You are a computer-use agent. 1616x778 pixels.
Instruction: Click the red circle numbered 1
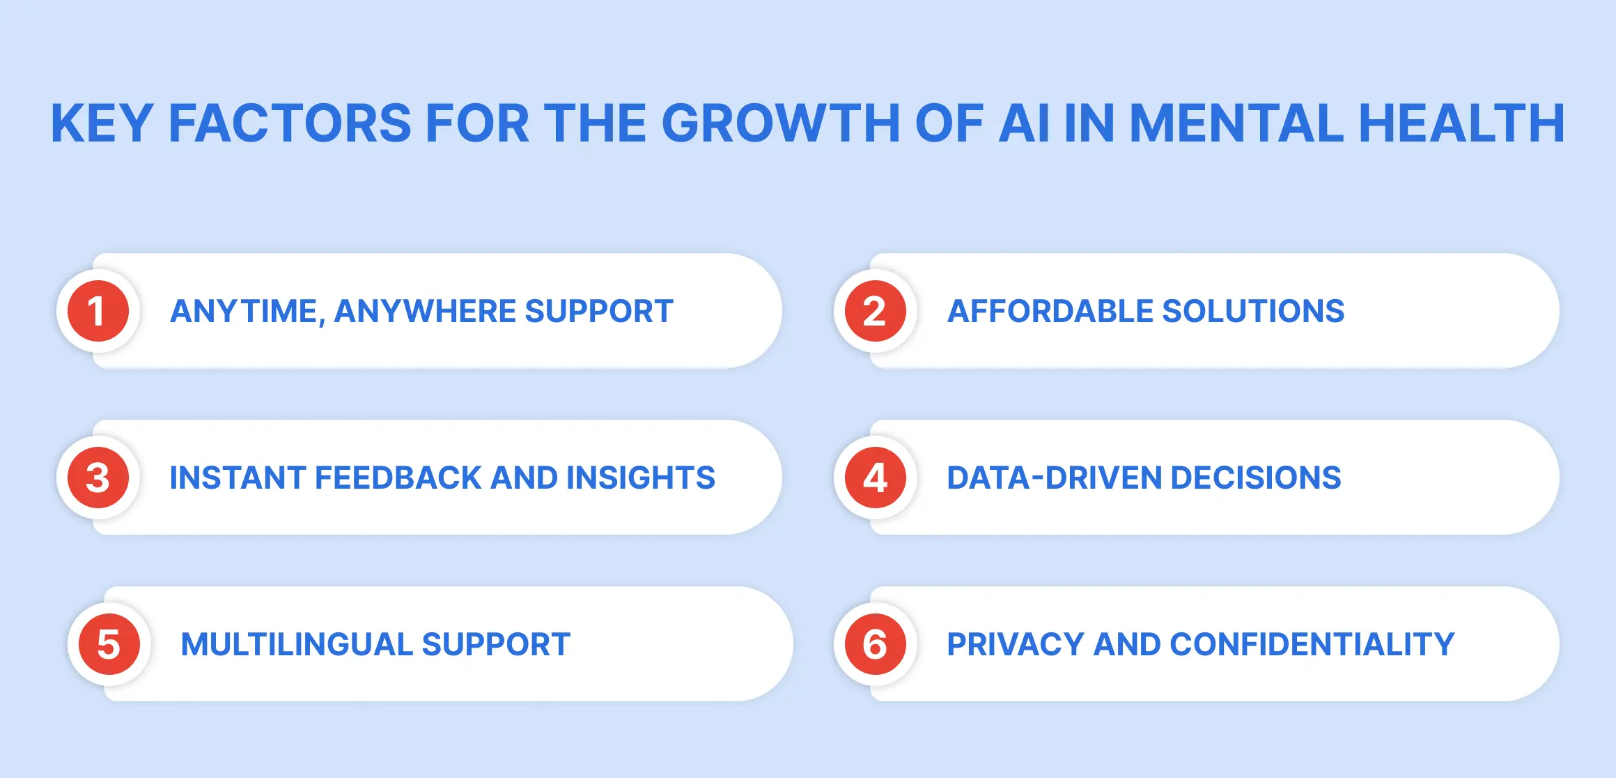coord(98,311)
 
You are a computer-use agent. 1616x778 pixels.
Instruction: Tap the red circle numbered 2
coord(875,311)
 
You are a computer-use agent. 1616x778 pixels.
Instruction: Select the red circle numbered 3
coord(98,478)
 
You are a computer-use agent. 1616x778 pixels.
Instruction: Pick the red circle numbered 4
coord(875,478)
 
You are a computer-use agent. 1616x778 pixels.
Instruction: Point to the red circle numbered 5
coord(109,644)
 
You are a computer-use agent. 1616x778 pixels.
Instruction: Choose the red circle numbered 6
coord(875,644)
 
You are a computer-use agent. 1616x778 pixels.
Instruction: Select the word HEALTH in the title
coord(1461,123)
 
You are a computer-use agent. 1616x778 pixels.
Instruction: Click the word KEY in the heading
coord(102,123)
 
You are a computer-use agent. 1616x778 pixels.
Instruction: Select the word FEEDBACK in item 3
coord(398,478)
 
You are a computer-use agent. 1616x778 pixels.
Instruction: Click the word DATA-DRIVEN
coord(1052,478)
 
